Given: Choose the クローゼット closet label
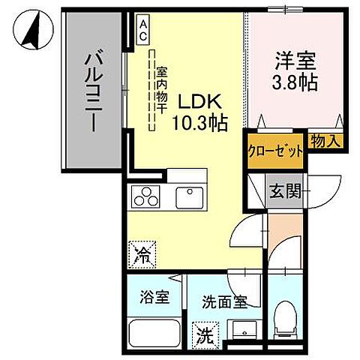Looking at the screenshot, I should click(x=276, y=149).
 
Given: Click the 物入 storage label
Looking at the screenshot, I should click(x=325, y=139).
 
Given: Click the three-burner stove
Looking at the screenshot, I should click(x=146, y=198).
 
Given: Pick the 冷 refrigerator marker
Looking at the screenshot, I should click(x=140, y=253).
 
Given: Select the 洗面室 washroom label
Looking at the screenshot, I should click(x=223, y=304).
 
